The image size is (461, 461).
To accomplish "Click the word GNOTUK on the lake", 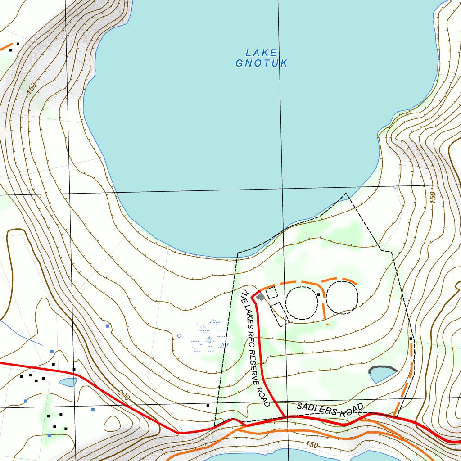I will click(261, 63).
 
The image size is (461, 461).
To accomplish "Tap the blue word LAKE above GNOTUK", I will click(261, 53).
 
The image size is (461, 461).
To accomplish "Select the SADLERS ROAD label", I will click(330, 410).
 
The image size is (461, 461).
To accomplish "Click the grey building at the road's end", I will click(260, 297).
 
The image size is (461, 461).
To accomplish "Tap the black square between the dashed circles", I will click(318, 294).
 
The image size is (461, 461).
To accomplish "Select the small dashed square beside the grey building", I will click(271, 293).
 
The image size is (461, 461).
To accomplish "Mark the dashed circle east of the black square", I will click(342, 297).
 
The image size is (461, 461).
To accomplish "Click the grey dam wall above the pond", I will click(383, 369).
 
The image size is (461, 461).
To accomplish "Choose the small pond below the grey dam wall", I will click(382, 375).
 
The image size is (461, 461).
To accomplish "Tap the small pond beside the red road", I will click(68, 382).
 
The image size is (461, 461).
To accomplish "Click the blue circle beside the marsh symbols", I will click(179, 336).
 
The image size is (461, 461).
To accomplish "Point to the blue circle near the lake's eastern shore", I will click(395, 186).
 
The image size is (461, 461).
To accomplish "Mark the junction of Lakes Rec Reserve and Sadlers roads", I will click(284, 416).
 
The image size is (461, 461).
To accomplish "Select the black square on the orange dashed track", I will click(411, 339).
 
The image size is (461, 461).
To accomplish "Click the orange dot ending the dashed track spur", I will click(327, 324).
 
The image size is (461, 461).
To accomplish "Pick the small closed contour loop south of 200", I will click(112, 423).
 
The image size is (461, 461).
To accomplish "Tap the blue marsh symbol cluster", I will click(210, 335).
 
